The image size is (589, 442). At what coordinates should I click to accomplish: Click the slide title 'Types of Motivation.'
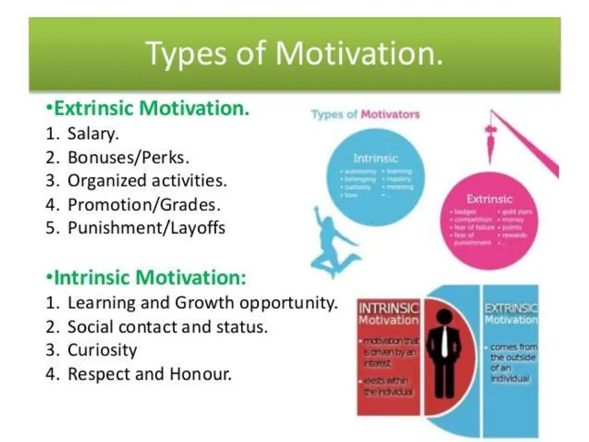coord(295,53)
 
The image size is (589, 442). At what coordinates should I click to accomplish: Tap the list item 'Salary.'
coord(93,134)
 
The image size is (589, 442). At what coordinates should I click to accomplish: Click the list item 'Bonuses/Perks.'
coord(128,157)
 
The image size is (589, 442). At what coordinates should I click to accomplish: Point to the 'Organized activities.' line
coord(147,181)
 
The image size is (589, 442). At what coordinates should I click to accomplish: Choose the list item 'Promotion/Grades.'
coord(144,204)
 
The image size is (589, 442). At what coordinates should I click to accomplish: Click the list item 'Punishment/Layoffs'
coord(146,228)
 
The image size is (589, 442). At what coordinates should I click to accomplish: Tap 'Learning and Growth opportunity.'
coord(202,303)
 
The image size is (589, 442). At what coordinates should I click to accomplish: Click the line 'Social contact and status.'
coord(167,327)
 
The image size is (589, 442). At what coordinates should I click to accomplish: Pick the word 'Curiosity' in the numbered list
coord(102,350)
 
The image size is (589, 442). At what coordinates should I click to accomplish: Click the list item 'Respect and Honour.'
coord(150,374)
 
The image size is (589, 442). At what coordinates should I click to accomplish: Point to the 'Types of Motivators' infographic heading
coord(365,114)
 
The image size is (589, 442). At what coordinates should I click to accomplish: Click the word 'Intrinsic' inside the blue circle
coord(375,158)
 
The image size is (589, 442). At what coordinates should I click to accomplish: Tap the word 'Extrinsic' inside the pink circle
coord(489,199)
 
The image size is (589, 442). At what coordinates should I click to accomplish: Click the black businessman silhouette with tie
coord(443,350)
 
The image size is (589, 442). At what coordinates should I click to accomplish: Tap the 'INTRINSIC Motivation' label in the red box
coord(389,313)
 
